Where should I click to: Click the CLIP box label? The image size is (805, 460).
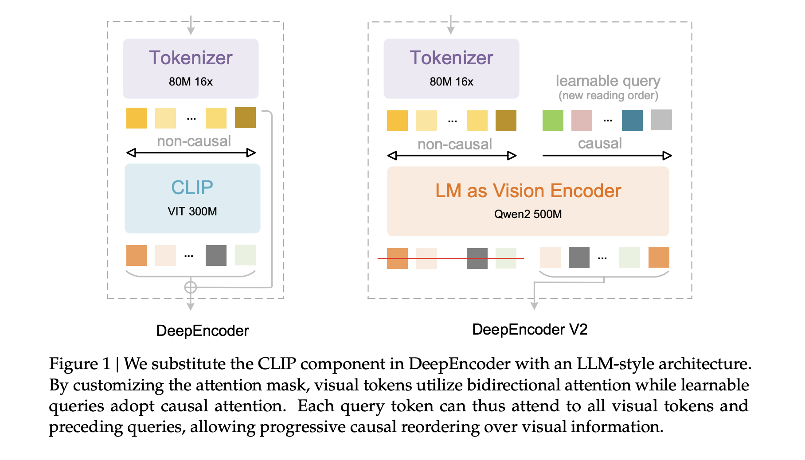pos(192,187)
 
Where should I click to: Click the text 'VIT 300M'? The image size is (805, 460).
pos(192,211)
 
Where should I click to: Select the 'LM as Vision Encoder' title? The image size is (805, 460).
pos(528,191)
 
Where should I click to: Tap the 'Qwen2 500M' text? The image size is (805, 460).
pos(528,214)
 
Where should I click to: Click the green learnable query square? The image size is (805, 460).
pos(553,120)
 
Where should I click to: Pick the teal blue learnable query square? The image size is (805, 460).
pos(632,120)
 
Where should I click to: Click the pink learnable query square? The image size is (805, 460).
pos(582,120)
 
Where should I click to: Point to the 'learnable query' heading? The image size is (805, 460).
pos(608,81)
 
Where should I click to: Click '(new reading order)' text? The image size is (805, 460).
pos(608,96)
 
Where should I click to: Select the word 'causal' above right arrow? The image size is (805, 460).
pos(600,144)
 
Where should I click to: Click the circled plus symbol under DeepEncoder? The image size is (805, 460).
pos(191,288)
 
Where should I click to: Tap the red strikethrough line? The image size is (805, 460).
pos(450,258)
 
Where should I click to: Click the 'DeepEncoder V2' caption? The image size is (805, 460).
pos(530,330)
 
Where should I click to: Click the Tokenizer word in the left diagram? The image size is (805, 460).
pos(191,58)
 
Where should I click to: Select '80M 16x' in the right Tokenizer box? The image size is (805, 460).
pos(451,82)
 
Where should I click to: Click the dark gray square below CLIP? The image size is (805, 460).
pos(216,255)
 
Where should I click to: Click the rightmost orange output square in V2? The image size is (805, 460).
pos(659,257)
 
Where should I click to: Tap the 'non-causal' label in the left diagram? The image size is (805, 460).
pos(194,141)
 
